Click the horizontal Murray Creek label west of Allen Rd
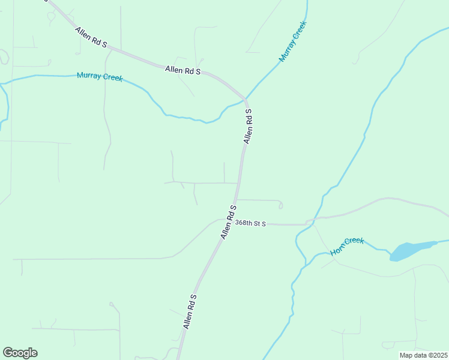tap(100, 77)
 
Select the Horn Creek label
tap(348, 245)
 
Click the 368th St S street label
tap(250, 223)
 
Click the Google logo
tap(20, 353)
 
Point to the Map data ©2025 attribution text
tap(423, 355)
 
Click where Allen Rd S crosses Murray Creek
tap(245, 98)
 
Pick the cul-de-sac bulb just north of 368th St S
tap(280, 206)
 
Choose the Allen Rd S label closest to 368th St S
tap(228, 222)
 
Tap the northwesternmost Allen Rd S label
tap(91, 37)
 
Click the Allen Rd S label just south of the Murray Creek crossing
tap(247, 125)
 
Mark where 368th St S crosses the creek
tap(307, 223)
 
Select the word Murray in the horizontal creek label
tap(88, 76)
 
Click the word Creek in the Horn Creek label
tap(355, 242)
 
